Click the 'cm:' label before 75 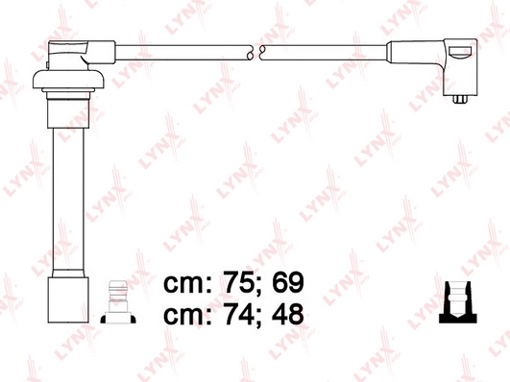pos(186,283)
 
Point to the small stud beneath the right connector pos(457,95)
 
